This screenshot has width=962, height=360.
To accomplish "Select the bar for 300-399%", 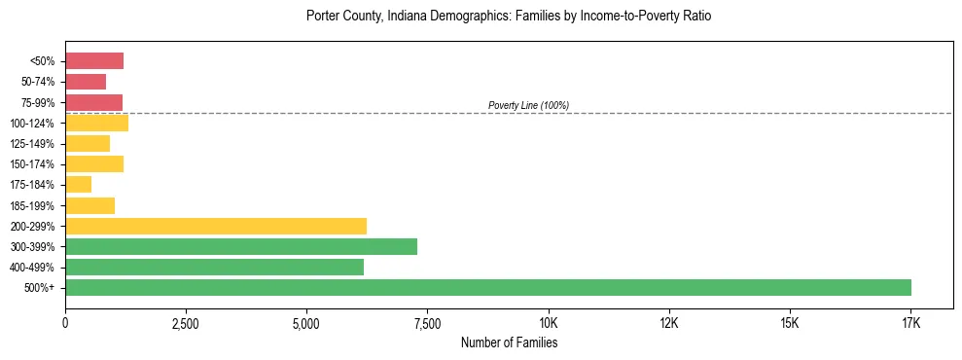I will tap(241, 246).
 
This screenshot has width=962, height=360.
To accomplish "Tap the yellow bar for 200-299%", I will tap(216, 226).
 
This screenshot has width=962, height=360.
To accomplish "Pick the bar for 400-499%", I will tap(214, 268).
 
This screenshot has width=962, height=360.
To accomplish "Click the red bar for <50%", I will tap(94, 61).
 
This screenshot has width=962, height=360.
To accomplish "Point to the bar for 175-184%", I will tap(79, 185).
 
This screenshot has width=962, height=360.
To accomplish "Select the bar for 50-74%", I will tap(86, 82).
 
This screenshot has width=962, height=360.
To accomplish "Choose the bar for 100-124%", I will tap(96, 124).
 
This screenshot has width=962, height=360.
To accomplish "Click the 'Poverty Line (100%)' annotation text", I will tap(528, 105).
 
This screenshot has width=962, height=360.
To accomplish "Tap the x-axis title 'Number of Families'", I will tap(509, 342).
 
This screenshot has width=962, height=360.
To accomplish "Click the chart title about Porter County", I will tap(509, 17).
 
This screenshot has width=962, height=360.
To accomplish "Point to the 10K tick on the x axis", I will tap(549, 322).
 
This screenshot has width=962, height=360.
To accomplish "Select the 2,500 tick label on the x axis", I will tap(186, 322).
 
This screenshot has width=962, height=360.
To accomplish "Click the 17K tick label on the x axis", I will tap(910, 322).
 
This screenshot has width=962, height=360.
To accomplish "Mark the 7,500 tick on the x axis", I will tap(427, 322).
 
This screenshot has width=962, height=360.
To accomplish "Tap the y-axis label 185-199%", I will tap(33, 205).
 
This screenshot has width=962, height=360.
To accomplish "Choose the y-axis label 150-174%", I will tap(33, 164).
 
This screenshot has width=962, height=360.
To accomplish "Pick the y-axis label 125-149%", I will tap(33, 144).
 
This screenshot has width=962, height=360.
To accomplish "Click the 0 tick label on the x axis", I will tap(65, 322).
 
